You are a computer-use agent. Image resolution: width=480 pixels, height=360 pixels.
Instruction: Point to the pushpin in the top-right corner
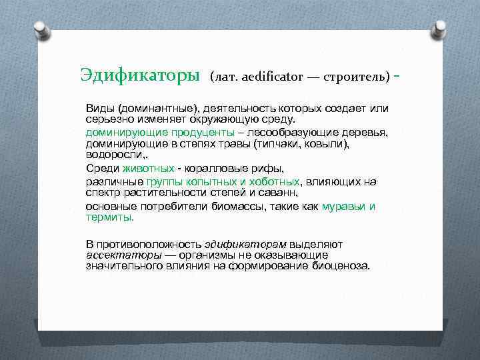tap(438, 28)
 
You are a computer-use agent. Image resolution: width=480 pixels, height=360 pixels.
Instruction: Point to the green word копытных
tap(204, 181)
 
